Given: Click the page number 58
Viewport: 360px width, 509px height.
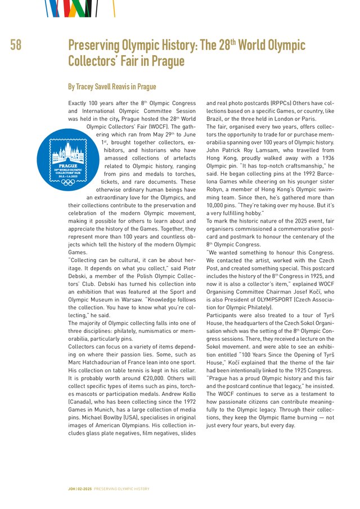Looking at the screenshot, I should pyautogui.click(x=16, y=46).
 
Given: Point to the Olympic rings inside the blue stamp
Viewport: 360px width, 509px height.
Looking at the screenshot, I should pyautogui.click(x=68, y=182).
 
